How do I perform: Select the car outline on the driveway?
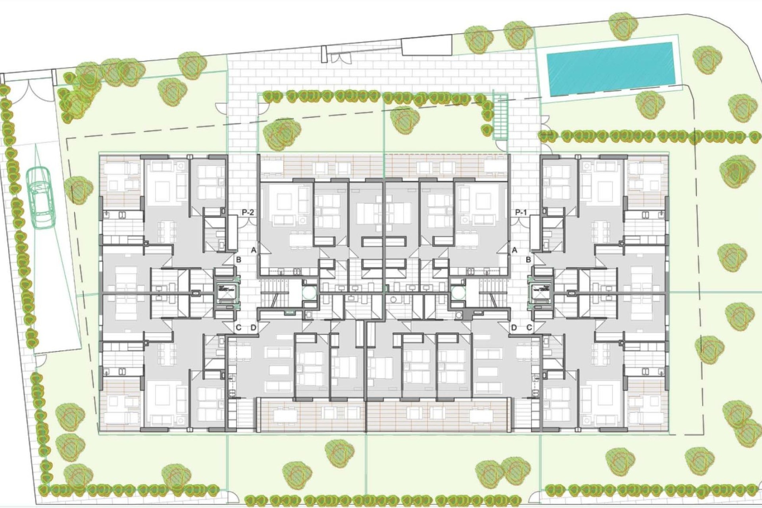tap(41, 197)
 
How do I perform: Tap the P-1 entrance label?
tap(521, 213)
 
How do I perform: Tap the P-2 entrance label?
tap(248, 213)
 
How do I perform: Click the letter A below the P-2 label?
tap(253, 250)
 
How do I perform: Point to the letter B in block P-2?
tap(239, 260)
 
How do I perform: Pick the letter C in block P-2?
tap(239, 328)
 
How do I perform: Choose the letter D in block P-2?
tap(254, 328)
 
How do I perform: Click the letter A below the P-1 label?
tap(515, 250)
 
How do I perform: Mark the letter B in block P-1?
tap(529, 260)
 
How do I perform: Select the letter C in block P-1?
tap(529, 328)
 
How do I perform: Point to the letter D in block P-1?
tap(514, 328)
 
